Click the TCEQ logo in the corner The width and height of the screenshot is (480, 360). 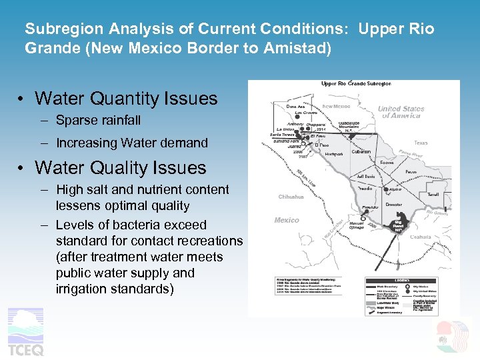pyautogui.click(x=25, y=333)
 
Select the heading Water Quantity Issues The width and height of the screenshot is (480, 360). pyautogui.click(x=126, y=99)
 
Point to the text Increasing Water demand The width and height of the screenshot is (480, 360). pyautogui.click(x=131, y=143)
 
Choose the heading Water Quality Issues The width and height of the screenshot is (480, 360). pyautogui.click(x=121, y=167)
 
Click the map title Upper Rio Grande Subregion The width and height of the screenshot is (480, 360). pyautogui.click(x=356, y=84)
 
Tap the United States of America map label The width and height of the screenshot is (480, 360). pyautogui.click(x=401, y=112)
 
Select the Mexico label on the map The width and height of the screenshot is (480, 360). pyautogui.click(x=287, y=220)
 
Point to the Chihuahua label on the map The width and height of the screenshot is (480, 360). pyautogui.click(x=291, y=197)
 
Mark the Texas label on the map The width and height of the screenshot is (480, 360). pyautogui.click(x=421, y=143)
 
